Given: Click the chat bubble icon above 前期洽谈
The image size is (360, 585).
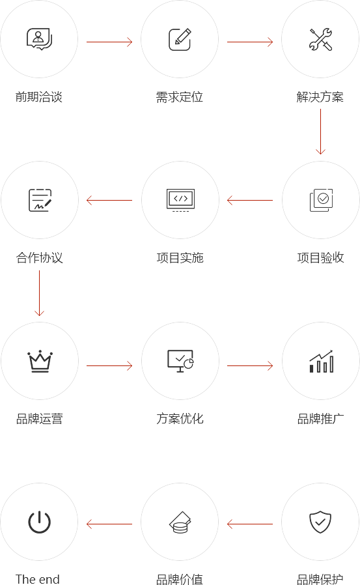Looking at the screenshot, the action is (39, 39).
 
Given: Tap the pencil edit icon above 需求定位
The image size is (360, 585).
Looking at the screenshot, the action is (180, 39).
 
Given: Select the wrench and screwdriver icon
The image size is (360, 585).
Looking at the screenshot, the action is (320, 39).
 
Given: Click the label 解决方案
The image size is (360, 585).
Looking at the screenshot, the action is (320, 97).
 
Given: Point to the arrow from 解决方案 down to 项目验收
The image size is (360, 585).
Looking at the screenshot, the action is (320, 132).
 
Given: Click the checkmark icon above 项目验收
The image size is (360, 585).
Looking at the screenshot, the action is (321, 200).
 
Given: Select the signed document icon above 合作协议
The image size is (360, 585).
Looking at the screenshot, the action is (40, 200).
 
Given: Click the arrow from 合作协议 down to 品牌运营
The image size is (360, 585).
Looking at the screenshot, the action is (39, 293).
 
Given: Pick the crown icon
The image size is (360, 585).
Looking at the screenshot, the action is (40, 361).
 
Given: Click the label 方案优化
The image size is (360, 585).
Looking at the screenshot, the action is (180, 419).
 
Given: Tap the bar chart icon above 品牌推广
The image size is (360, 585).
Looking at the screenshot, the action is (321, 361).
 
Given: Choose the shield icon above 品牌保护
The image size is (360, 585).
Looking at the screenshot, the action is (320, 522).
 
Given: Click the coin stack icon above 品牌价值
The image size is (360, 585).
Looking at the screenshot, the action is (180, 522).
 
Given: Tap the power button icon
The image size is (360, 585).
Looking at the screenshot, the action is (39, 522).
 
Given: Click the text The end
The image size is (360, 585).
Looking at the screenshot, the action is (38, 579).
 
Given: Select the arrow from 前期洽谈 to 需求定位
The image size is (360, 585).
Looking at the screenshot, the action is (109, 42).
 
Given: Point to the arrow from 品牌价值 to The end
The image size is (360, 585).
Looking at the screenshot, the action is (109, 524).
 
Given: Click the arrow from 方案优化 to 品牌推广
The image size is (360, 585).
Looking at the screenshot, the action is (250, 365).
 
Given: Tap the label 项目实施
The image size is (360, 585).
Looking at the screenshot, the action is (180, 258).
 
